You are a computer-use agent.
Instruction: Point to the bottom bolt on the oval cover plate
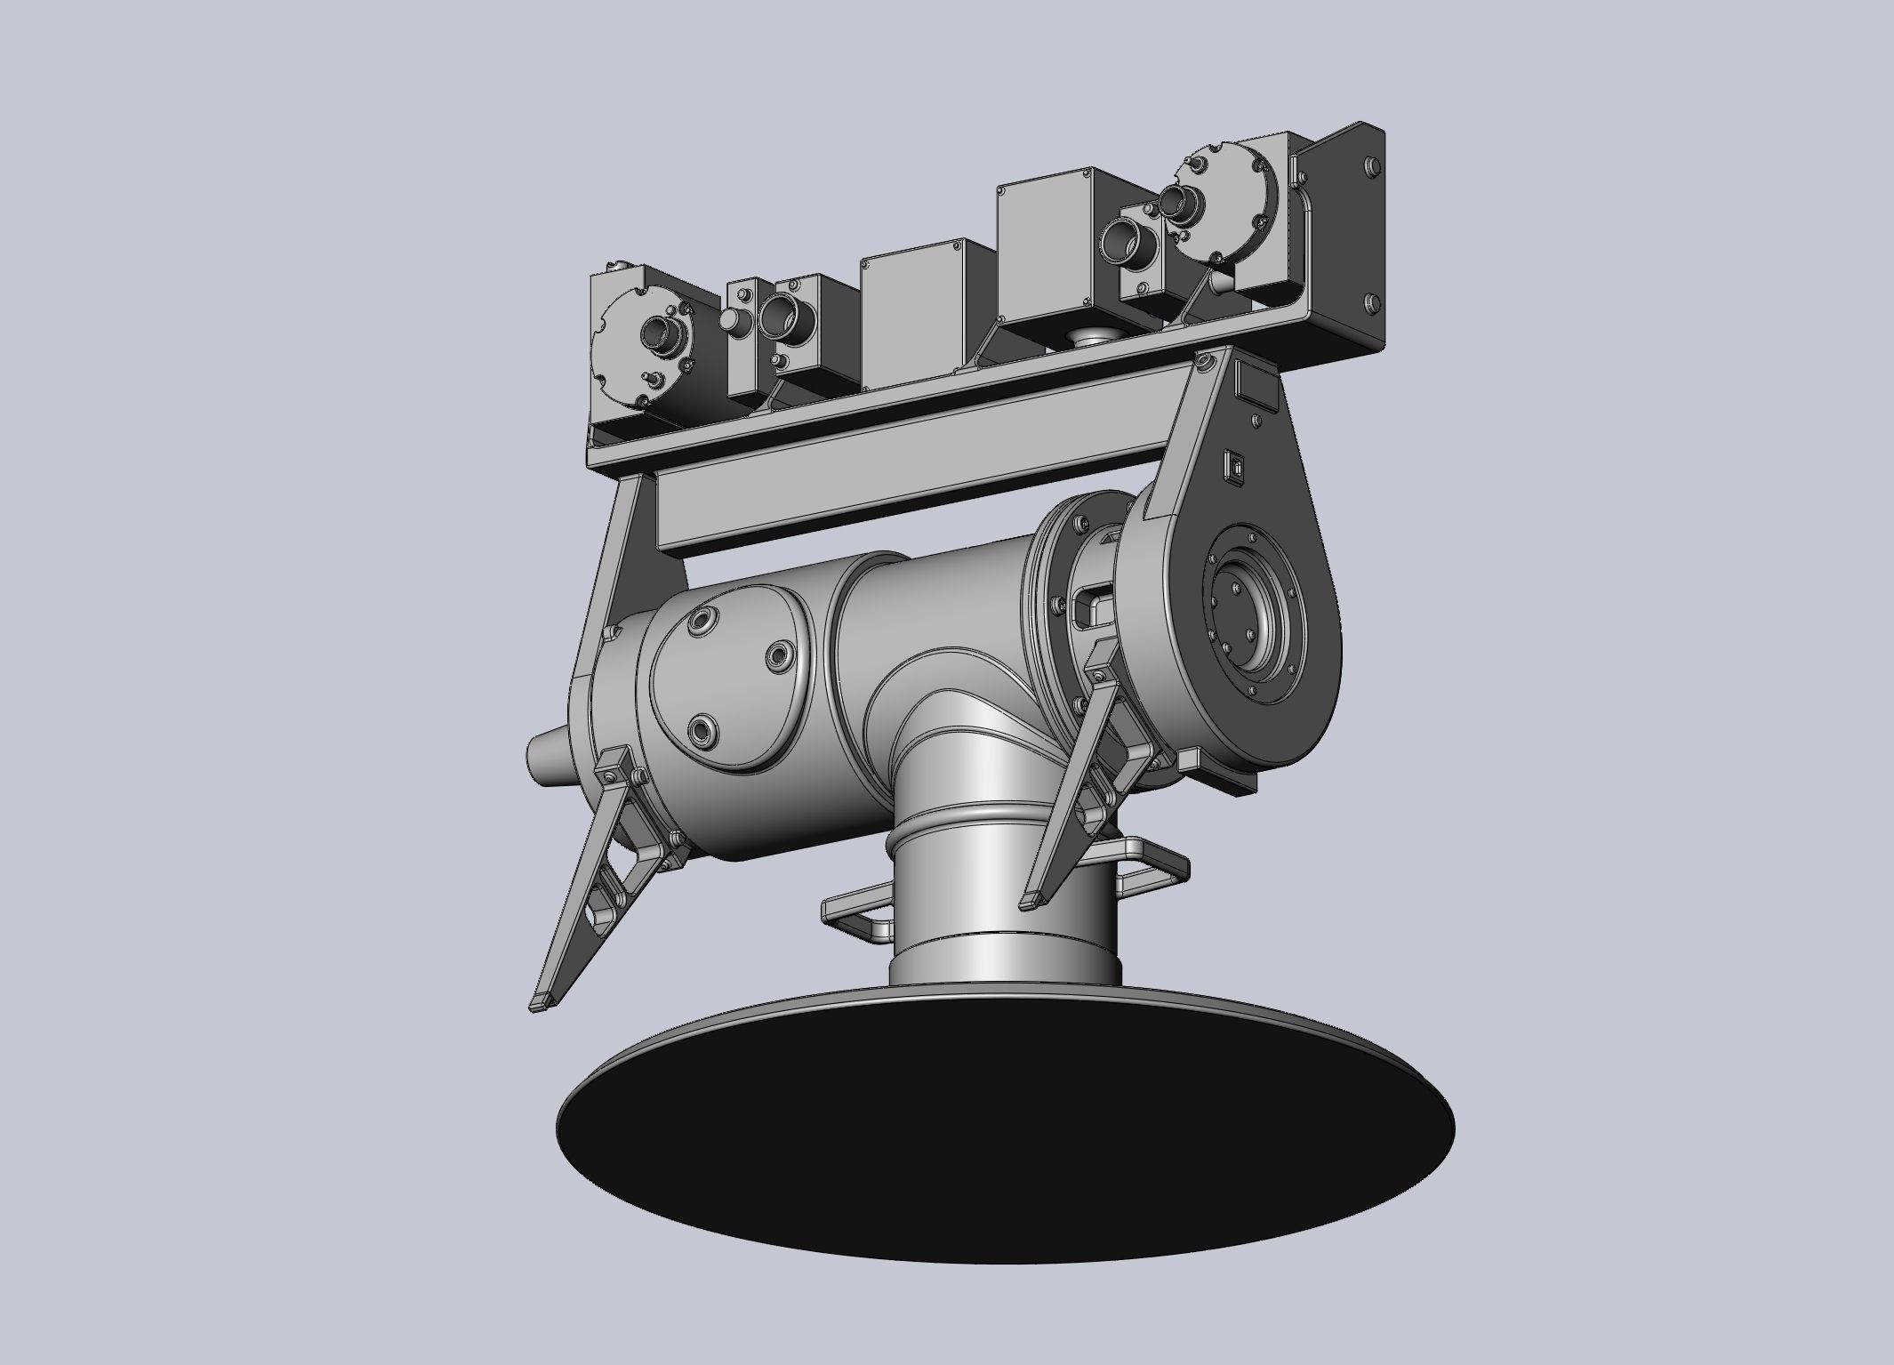[702, 731]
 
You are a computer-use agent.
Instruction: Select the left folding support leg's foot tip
[543, 1002]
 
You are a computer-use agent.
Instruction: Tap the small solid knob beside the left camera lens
[731, 321]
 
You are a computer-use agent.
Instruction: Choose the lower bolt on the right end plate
[1370, 301]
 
